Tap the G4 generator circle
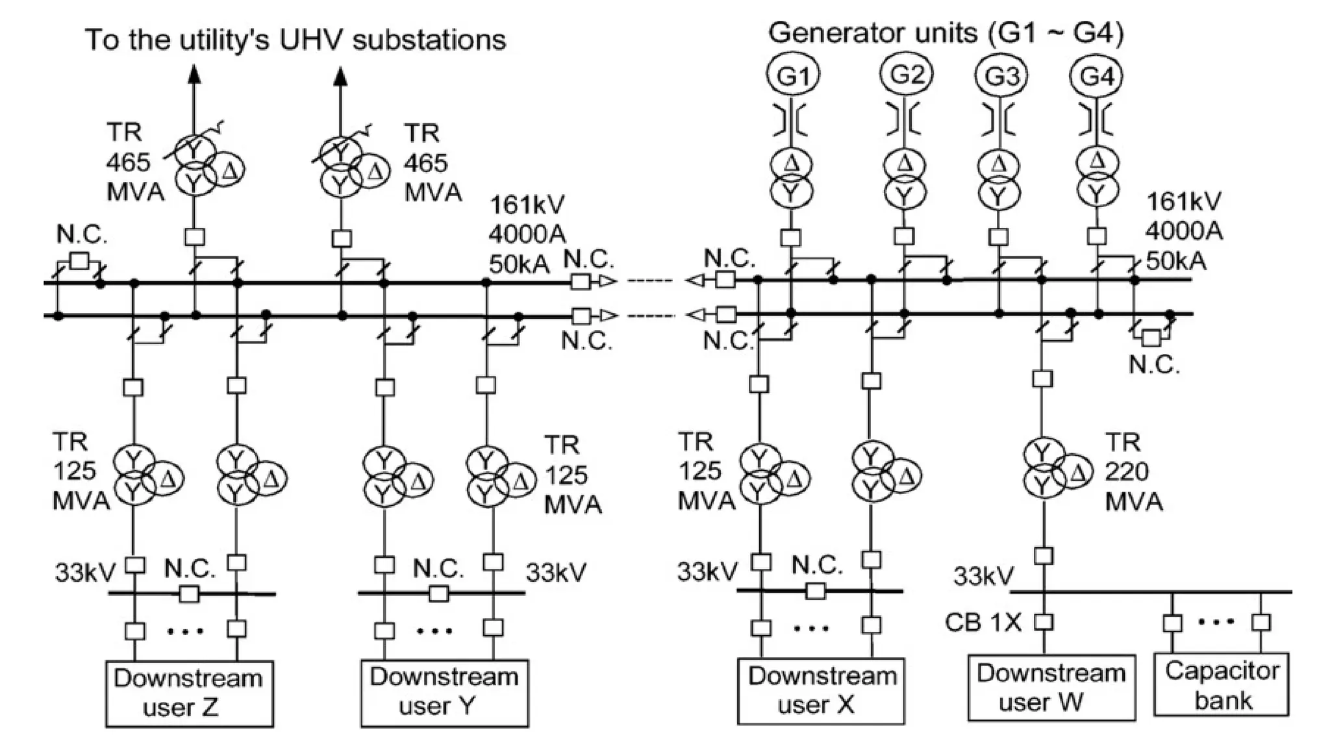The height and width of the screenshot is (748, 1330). click(x=1096, y=76)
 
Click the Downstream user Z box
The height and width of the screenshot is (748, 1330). click(x=189, y=693)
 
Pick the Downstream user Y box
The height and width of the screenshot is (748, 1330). click(x=444, y=693)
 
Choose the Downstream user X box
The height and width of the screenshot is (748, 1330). click(x=820, y=691)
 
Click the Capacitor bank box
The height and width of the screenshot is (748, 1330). click(x=1221, y=685)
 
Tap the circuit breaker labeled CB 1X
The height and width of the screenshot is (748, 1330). click(x=1043, y=622)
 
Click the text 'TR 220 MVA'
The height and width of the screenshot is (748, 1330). click(x=1133, y=472)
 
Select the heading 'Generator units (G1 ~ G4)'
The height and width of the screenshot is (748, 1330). click(x=946, y=32)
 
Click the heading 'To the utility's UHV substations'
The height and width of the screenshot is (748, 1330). click(x=295, y=40)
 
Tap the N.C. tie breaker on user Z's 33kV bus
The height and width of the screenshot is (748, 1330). click(x=189, y=593)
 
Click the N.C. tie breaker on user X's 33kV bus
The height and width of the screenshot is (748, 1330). click(x=815, y=591)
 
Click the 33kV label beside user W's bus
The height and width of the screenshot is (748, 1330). click(x=983, y=575)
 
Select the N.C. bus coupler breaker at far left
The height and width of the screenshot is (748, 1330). click(x=79, y=261)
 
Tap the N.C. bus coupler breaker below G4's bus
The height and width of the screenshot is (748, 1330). click(x=1151, y=338)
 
